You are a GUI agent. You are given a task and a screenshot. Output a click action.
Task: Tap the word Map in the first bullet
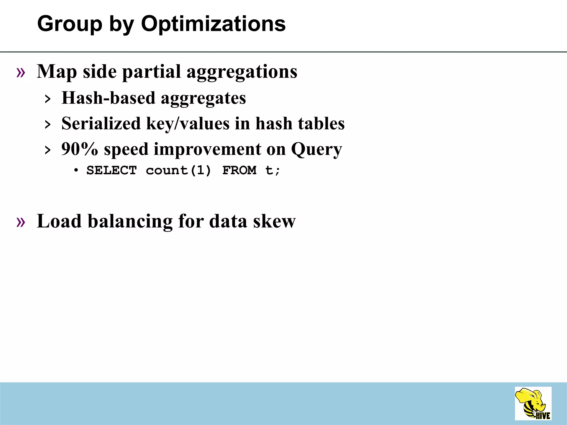point(57,72)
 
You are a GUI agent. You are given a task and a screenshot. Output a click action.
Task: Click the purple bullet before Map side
point(21,72)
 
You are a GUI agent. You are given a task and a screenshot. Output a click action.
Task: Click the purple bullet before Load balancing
point(21,222)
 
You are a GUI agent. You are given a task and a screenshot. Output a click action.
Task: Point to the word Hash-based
point(108,98)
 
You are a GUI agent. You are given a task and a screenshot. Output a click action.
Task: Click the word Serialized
point(101,123)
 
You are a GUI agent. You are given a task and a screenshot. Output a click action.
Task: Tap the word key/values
point(188,123)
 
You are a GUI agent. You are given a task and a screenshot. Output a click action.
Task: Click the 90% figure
point(80,149)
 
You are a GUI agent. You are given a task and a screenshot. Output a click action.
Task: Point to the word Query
point(316,150)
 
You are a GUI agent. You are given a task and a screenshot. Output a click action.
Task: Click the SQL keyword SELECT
point(112,170)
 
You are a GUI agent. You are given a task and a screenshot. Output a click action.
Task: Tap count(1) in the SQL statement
point(178,170)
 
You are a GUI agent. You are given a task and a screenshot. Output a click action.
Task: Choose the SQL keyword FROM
point(239,170)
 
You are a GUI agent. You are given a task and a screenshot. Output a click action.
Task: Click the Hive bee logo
point(533,404)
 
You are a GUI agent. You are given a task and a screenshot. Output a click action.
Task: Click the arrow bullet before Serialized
point(48,125)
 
